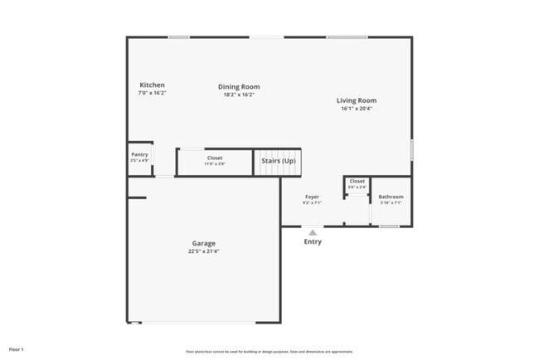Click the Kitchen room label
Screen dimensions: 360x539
point(152,85)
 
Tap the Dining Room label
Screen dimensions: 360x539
point(239,86)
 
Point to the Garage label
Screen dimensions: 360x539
point(203,243)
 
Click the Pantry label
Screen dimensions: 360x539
point(139,154)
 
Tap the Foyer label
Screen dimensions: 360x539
point(312,197)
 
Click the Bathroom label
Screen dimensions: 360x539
point(391,197)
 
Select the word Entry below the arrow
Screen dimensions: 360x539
point(313,242)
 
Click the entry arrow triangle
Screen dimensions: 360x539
point(313,232)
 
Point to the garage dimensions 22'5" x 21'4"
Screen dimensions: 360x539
point(203,251)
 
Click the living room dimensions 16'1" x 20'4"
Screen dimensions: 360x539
point(357,109)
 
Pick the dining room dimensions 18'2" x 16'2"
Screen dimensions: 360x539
point(239,95)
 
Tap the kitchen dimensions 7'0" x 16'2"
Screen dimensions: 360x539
point(152,93)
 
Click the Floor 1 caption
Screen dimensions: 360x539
point(17,349)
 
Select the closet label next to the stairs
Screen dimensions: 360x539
point(214,158)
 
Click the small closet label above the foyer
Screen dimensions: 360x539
point(357,181)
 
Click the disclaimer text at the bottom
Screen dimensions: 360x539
point(269,351)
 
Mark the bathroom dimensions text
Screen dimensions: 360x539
point(391,202)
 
